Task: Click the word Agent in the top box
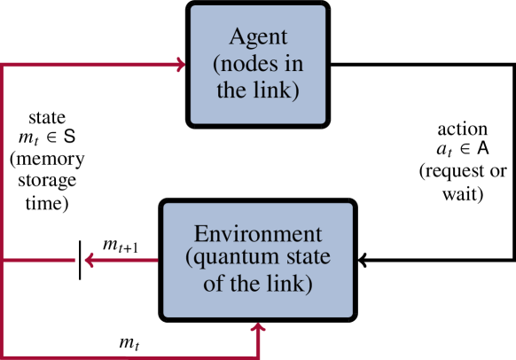pyautogui.click(x=258, y=37)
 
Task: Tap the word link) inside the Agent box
pyautogui.click(x=277, y=92)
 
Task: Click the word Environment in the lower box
pyautogui.click(x=258, y=234)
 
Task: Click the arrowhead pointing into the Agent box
pyautogui.click(x=180, y=65)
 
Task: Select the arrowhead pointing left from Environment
pyautogui.click(x=89, y=260)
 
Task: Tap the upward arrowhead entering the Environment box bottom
pyautogui.click(x=258, y=328)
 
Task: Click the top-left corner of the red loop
pyautogui.click(x=4, y=65)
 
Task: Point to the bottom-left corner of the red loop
pyautogui.click(x=4, y=356)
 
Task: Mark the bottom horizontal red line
pyautogui.click(x=133, y=356)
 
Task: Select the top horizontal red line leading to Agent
pyautogui.click(x=89, y=65)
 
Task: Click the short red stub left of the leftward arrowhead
pyautogui.click(x=40, y=260)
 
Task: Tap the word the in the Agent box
pyautogui.click(x=231, y=92)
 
